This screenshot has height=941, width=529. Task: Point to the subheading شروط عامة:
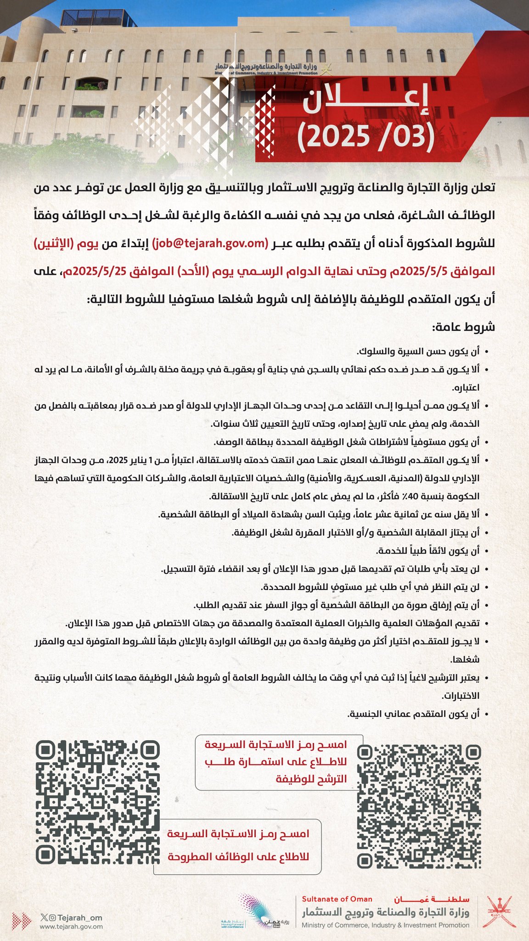coord(463,327)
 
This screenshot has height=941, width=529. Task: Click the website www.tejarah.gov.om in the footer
coord(71,926)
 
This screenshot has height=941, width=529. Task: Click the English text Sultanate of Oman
coord(337,899)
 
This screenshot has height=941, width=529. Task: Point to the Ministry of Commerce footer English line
coord(385,925)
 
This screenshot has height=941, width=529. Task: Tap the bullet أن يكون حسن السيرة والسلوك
coord(418,351)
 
